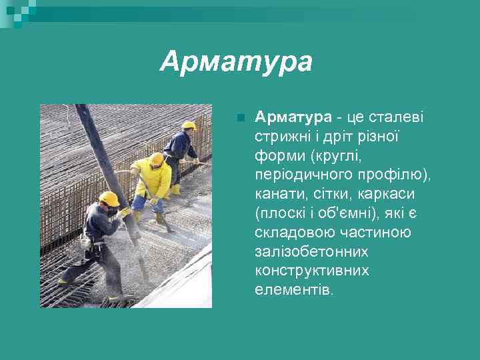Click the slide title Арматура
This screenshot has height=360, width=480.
[x=236, y=62]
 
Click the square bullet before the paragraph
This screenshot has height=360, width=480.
[x=241, y=119]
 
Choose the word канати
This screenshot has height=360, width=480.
[x=276, y=195]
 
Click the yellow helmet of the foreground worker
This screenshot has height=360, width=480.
[x=109, y=198]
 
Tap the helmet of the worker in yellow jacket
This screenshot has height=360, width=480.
[x=157, y=159]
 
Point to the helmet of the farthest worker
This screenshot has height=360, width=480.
[x=189, y=125]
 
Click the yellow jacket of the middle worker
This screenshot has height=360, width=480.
[x=154, y=179]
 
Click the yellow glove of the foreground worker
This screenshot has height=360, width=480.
[x=125, y=212]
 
